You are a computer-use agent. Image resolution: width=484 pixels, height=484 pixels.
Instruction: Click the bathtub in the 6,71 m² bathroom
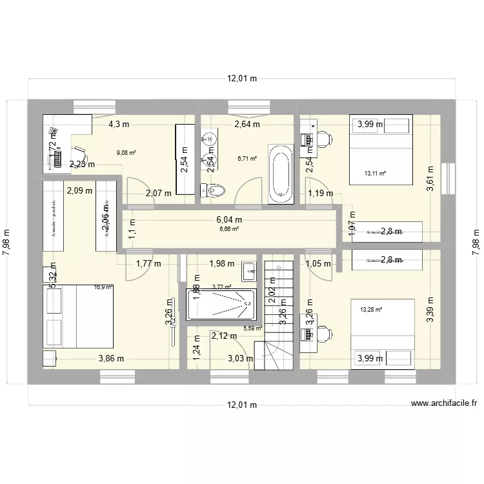point(281,172)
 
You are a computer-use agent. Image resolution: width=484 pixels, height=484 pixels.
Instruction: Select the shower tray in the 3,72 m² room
point(221,305)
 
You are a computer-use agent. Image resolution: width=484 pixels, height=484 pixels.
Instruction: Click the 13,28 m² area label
point(371,310)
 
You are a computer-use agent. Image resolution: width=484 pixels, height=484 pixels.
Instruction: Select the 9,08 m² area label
point(126,153)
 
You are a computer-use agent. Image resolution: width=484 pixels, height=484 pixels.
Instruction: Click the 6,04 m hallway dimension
point(229,219)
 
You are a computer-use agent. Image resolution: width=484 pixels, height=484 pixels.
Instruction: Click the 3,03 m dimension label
point(239,359)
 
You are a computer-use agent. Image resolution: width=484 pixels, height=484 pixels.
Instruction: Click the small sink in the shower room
point(250,272)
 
